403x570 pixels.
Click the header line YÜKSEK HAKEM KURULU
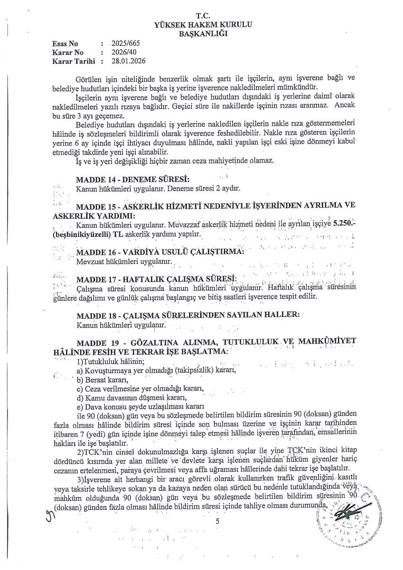click(203, 25)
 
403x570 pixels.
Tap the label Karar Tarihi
click(73, 61)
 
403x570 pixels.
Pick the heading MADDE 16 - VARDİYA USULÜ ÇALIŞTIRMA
click(160, 251)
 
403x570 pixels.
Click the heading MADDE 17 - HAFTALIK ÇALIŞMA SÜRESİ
click(156, 278)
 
